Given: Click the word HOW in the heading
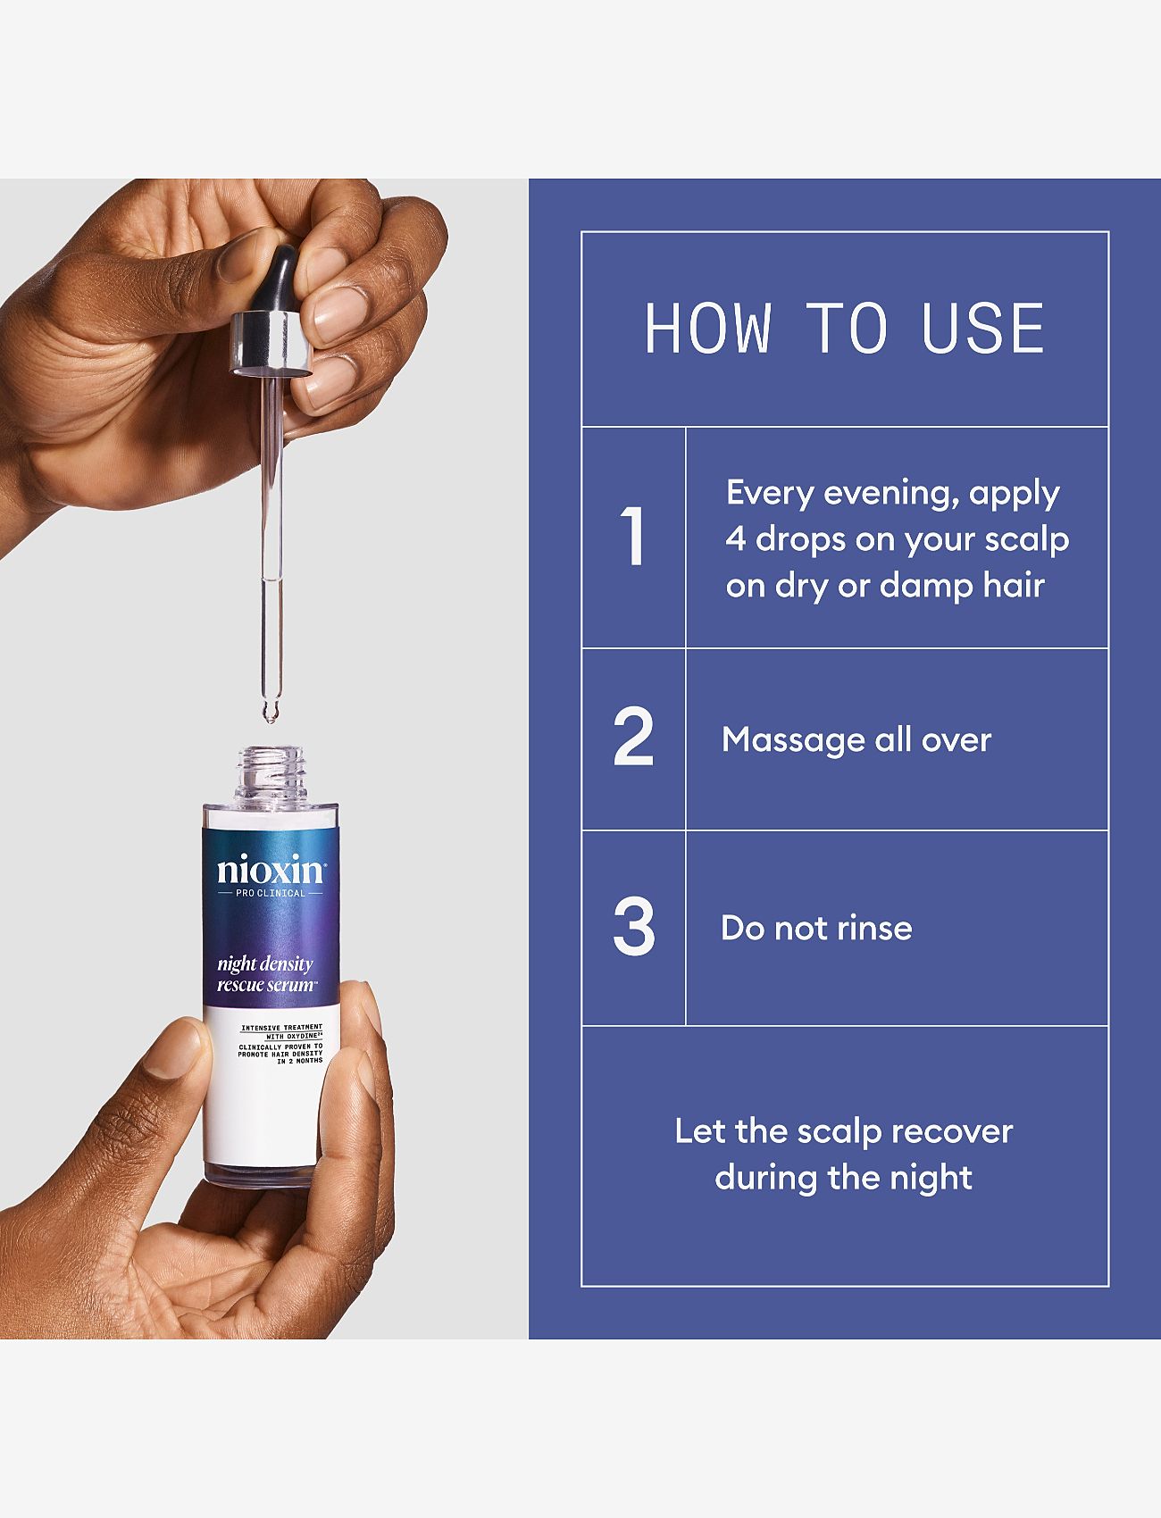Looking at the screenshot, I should click(707, 328).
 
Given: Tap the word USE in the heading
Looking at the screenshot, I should click(982, 328).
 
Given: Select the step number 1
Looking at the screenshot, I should click(633, 538).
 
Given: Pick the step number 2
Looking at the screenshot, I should click(633, 738).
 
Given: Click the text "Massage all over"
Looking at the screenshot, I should click(856, 739).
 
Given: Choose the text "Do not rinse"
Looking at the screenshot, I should click(816, 928).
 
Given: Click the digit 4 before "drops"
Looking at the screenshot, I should click(735, 539).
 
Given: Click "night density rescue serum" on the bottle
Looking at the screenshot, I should click(266, 974).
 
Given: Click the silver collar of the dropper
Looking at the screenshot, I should click(272, 343).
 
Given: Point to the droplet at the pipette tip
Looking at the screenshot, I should click(269, 713).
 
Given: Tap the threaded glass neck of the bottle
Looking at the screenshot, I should click(270, 775).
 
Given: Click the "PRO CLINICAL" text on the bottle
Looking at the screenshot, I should click(271, 893).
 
